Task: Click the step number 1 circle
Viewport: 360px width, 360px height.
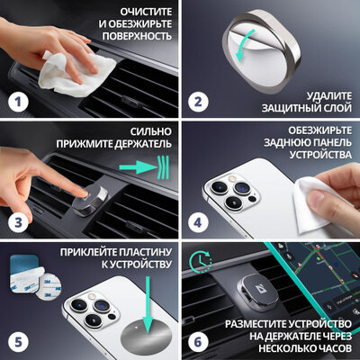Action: [18, 102]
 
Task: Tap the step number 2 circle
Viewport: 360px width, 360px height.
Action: [198, 102]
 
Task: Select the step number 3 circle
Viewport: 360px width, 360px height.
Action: [18, 222]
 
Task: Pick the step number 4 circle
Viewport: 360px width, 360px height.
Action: [198, 222]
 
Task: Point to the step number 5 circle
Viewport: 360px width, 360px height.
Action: [18, 342]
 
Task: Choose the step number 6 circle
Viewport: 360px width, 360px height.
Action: [198, 342]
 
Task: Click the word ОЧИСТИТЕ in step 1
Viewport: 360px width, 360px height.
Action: [146, 12]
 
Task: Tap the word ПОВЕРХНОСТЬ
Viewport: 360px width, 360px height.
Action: [137, 36]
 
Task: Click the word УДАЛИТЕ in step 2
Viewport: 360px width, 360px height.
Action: [329, 96]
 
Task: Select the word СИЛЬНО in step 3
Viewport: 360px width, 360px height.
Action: [151, 131]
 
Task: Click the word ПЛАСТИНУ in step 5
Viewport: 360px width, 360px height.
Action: [146, 252]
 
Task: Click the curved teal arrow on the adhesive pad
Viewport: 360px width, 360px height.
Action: [245, 45]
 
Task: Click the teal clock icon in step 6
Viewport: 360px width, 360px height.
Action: [200, 262]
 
